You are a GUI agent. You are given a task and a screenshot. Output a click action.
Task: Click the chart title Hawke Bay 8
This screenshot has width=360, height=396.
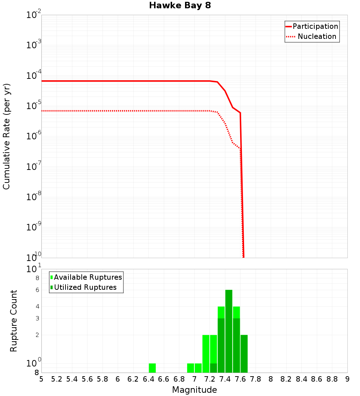coord(180,6)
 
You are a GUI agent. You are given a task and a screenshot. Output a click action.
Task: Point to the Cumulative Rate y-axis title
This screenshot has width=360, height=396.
coord(6,136)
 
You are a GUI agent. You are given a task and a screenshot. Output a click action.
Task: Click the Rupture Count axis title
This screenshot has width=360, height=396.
coord(14,320)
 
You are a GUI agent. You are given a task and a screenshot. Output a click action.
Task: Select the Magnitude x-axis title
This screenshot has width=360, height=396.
coord(194,390)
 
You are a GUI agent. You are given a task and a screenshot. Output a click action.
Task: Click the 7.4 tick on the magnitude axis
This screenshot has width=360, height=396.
coord(225,379)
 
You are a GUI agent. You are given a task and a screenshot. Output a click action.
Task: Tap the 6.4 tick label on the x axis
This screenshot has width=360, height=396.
coord(148,379)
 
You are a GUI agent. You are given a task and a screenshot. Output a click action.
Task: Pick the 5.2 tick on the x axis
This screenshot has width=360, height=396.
coord(57,379)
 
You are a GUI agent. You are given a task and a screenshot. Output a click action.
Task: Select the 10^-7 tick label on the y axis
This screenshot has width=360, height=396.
coord(34,167)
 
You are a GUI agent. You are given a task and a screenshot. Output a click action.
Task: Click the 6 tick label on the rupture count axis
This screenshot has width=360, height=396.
coord(37,290)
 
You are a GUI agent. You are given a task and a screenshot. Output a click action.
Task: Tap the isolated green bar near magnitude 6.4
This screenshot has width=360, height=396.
coord(152,368)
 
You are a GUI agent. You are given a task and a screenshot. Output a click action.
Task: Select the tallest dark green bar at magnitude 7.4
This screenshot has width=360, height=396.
coord(229,331)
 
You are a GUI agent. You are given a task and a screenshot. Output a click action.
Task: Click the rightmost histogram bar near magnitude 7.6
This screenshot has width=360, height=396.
coord(244,354)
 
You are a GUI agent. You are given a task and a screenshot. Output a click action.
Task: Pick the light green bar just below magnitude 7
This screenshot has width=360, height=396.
coord(191,368)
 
